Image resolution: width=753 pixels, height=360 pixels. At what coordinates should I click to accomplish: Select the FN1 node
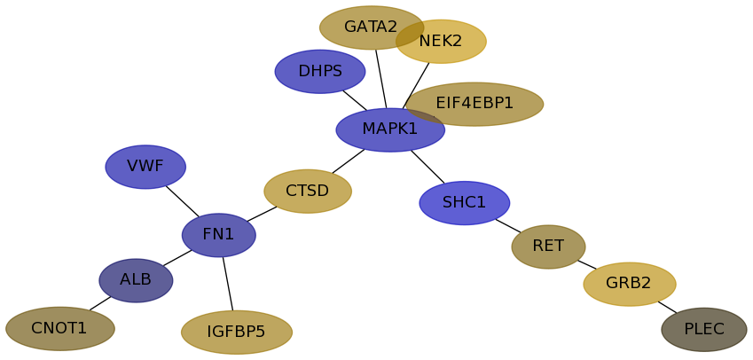[x=219, y=235]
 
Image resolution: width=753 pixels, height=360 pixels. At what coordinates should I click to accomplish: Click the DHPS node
[x=320, y=72]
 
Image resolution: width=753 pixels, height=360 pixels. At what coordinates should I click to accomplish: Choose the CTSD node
[x=308, y=192]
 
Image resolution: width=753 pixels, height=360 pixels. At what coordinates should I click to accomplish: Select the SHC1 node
[x=465, y=203]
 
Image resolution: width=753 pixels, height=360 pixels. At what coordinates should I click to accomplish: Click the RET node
[x=548, y=247]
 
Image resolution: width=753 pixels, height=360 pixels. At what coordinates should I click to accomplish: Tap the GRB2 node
[x=630, y=284]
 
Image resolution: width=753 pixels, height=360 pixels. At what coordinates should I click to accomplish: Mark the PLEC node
[x=704, y=330]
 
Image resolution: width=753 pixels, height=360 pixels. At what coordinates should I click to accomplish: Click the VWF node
[x=145, y=167]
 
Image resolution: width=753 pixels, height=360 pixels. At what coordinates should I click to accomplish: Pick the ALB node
[x=136, y=280]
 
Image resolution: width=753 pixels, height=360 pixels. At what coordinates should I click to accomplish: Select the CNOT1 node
[x=60, y=329]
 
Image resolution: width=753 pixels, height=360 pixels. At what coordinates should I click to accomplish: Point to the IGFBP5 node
[x=237, y=333]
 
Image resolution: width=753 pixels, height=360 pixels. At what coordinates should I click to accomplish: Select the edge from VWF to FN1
[x=182, y=200]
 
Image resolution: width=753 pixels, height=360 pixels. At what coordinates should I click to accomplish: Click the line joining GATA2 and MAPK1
[x=380, y=79]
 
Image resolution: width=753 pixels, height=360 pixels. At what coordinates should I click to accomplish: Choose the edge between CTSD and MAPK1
[x=348, y=161]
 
